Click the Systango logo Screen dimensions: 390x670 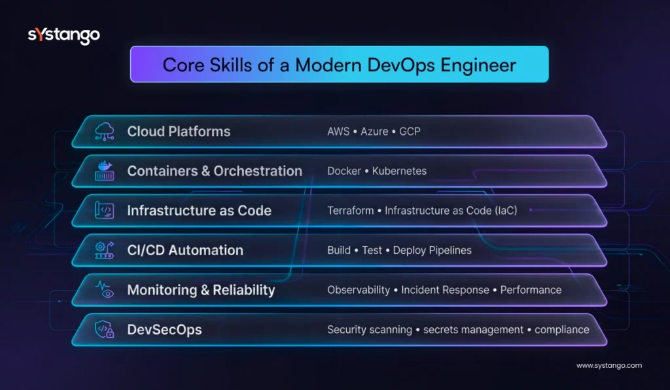63,35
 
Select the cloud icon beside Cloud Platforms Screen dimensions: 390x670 105,132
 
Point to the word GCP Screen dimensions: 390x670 410,132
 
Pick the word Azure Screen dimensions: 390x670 374,132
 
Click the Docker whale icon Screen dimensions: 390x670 105,171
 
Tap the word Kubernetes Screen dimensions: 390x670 399,171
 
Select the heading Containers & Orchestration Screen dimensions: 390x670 215,171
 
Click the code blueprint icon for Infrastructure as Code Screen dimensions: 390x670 105,211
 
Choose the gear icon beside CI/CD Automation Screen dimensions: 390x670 105,250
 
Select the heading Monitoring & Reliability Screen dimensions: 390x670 201,290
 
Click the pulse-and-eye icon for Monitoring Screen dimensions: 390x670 105,290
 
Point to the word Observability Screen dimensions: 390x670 359,290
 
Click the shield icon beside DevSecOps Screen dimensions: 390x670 105,329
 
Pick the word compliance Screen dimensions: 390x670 562,329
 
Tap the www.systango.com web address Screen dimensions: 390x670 608,366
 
